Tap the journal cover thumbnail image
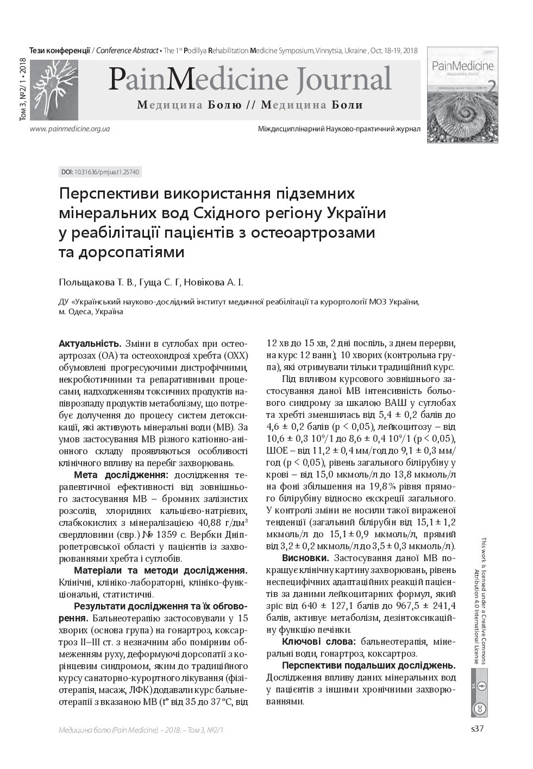462,95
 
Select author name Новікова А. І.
214,282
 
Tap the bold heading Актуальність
90,344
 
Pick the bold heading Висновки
305,558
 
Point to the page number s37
476,729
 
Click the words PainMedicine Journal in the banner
249,79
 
